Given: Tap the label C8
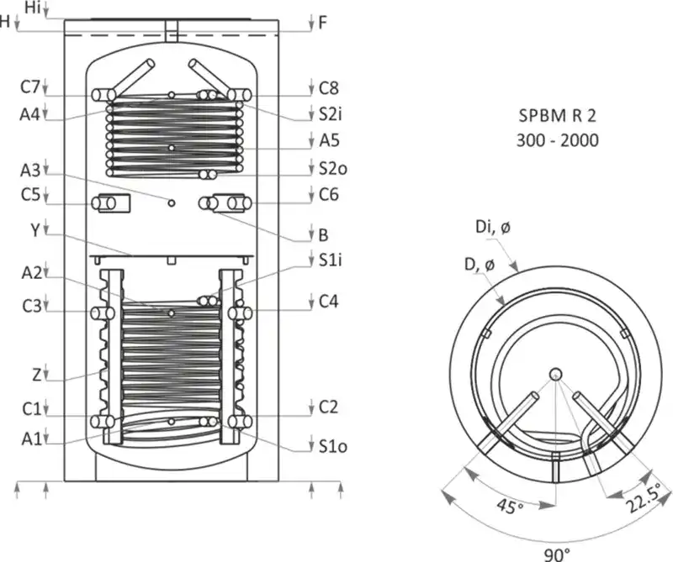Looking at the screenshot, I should click(x=328, y=87).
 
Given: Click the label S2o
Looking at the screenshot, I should click(x=331, y=169).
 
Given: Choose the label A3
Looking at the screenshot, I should click(x=30, y=169).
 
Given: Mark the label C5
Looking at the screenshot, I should click(x=30, y=195).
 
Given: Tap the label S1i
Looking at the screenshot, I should click(x=330, y=260).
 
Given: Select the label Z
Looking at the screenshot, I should click(x=33, y=373).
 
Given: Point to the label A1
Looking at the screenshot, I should click(x=30, y=436).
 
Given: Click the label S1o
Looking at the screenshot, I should click(x=331, y=446).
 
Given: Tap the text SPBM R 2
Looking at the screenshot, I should click(x=558, y=113).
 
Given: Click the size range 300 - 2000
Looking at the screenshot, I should click(x=558, y=140).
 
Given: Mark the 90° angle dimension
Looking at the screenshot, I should click(x=556, y=553).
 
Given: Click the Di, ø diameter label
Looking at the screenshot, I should click(x=491, y=228).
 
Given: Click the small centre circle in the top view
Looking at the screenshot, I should click(x=556, y=375).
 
